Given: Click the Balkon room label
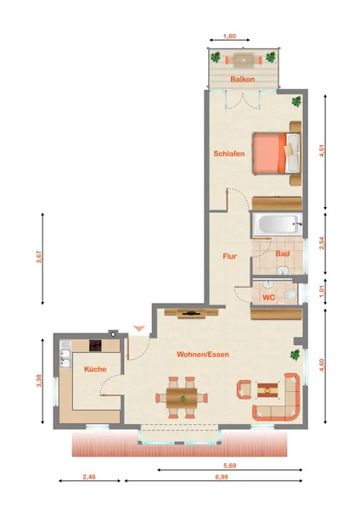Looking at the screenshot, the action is pos(242,79).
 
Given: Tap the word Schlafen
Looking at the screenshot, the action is pos(228,154).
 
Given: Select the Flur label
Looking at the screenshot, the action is pos(230,256).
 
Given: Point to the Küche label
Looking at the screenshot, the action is pos(95,369).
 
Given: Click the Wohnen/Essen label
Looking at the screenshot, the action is pos(203,355).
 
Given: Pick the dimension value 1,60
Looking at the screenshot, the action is pos(229,36).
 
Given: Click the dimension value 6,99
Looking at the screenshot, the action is pos(222,477).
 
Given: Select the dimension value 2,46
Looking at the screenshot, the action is pos(89,477).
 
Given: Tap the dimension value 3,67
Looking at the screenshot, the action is pos(39,257).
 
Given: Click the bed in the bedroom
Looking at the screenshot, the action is pos(277,154).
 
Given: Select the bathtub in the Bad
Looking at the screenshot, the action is pos(278,224).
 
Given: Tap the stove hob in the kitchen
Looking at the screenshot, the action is pos(95,345).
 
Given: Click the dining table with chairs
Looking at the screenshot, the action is pos(182,398).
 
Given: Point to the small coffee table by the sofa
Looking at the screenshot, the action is pos(267,390).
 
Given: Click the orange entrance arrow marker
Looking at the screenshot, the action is pos(139,328).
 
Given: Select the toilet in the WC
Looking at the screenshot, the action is pos(290,294).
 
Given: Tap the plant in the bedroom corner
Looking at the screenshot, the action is pos(296,101).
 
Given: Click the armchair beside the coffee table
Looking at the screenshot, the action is pos(245,389).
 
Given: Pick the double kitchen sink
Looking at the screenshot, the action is pos(65,358).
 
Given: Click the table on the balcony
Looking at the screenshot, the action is pos(243,60).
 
